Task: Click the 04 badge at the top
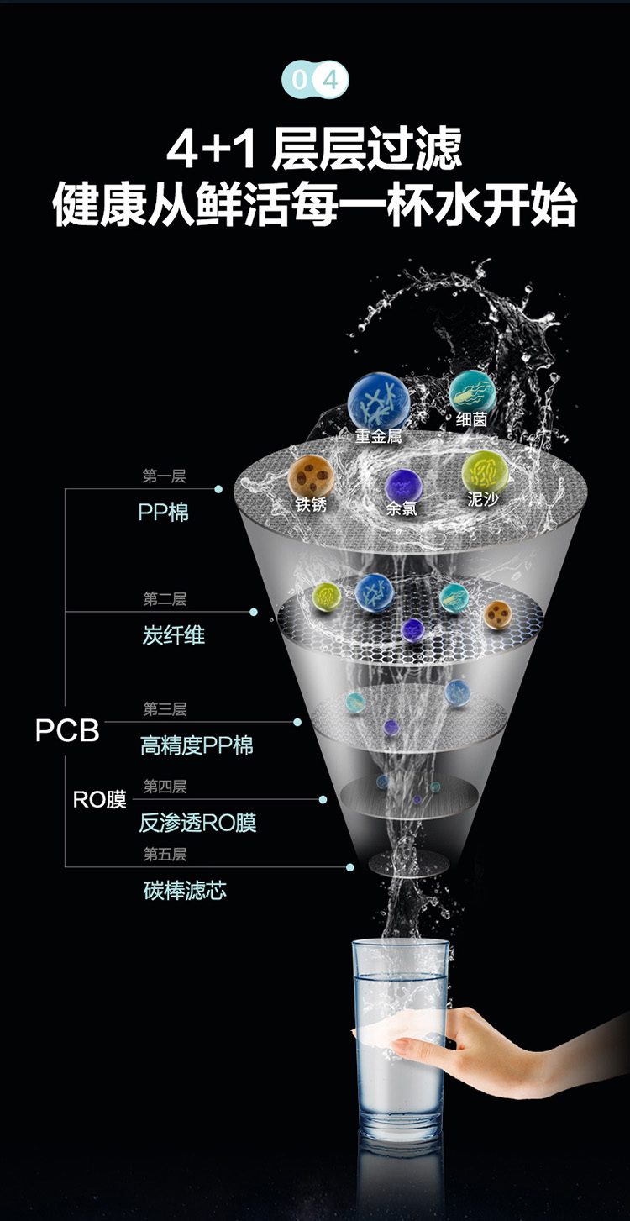coord(315,80)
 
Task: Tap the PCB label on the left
coord(67,730)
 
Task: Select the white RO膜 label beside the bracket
coord(99,800)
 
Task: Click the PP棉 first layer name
coord(163,513)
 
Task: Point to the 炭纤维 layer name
coord(173,635)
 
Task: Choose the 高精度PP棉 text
coord(197,745)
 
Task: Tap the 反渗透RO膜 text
coord(197,823)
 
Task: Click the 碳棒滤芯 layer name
coord(185,891)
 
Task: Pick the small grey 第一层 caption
coord(164,476)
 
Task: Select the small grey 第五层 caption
coord(165,854)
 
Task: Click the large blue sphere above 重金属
coord(379,401)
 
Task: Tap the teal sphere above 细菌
coord(472,392)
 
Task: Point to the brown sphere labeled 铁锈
coord(311,476)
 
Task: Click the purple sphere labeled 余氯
coord(403,486)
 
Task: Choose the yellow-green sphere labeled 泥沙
coord(485,473)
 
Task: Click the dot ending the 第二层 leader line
coord(254,612)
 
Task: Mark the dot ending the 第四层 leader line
coord(323,800)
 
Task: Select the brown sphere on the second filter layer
coord(497,615)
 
